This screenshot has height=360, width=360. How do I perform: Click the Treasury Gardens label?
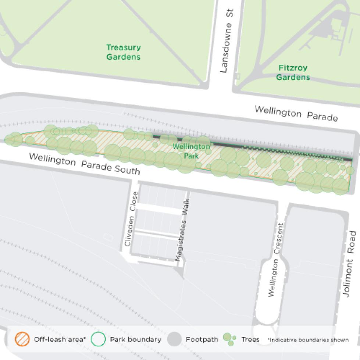123,52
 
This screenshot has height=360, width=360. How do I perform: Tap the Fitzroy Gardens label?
293,72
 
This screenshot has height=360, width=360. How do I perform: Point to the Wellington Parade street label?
296,113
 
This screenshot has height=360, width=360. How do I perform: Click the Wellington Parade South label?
84,164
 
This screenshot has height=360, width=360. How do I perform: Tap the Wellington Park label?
191,151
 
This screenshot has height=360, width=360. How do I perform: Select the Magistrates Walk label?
182,230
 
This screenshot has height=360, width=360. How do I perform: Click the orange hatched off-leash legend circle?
22,339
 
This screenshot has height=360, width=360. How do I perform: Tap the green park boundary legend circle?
98,339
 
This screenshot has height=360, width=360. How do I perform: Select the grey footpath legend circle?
174,339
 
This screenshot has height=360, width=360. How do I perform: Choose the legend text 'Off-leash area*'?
60,339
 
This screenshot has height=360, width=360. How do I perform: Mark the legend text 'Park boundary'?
135,339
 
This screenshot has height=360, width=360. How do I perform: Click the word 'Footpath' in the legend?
202,339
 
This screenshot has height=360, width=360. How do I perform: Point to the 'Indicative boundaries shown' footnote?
308,340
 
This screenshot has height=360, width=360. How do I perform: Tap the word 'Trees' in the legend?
250,339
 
